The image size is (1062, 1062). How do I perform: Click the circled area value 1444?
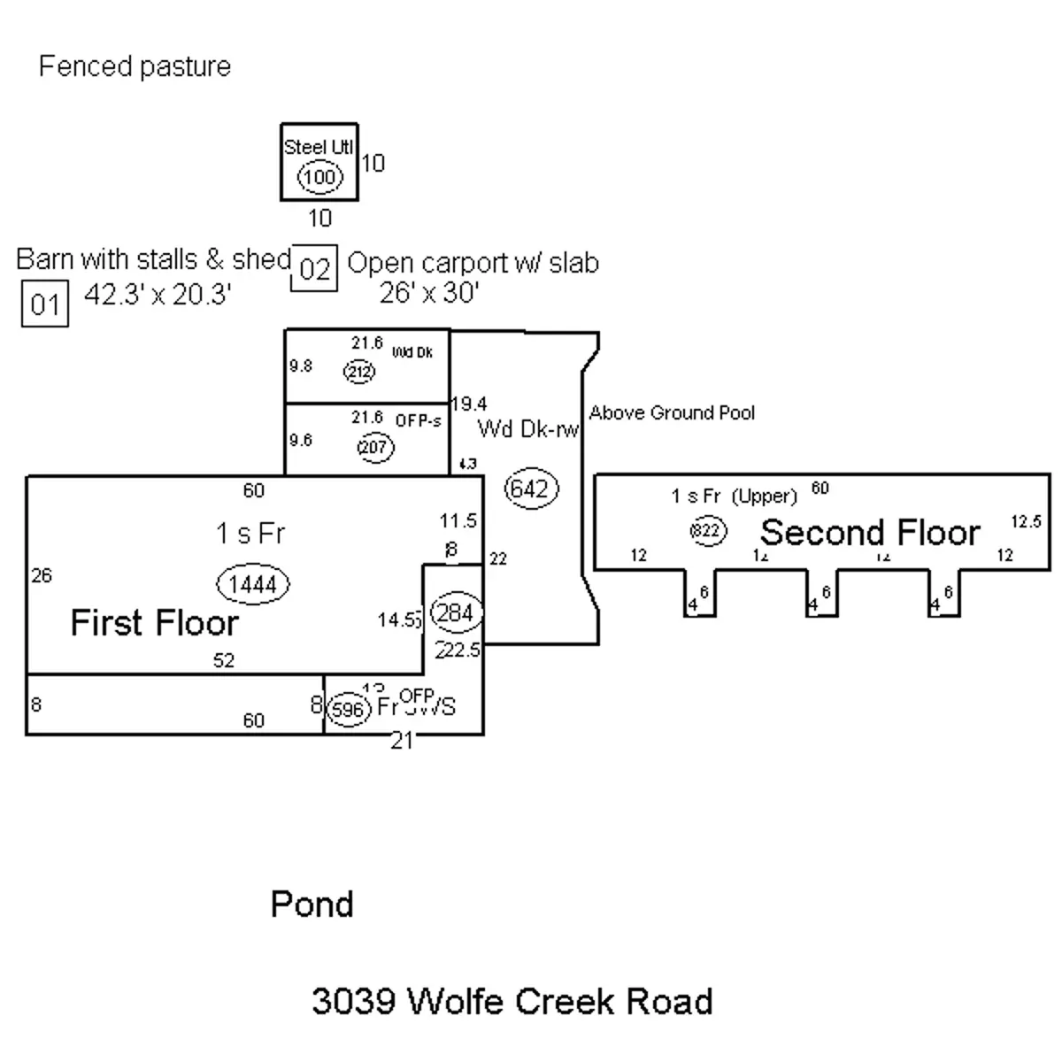(253, 583)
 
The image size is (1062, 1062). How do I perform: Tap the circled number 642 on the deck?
(531, 489)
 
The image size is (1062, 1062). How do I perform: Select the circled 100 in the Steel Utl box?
(319, 178)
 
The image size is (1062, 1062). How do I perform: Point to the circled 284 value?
(456, 613)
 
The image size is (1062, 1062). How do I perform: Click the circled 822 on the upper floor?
(707, 531)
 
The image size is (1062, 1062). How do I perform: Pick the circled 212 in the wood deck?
(359, 373)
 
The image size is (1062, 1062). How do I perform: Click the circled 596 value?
(347, 710)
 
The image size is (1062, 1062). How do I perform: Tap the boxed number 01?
(44, 304)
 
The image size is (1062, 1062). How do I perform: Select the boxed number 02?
(314, 268)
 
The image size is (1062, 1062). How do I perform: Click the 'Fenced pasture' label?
(135, 66)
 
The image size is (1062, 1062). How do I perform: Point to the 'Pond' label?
(312, 904)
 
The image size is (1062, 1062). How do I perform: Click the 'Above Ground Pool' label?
(672, 412)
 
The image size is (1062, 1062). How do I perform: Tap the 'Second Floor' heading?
(870, 532)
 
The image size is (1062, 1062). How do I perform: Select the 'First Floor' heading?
(154, 623)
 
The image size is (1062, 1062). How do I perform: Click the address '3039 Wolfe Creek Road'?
(512, 1001)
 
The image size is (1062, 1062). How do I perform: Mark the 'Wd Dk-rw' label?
(528, 429)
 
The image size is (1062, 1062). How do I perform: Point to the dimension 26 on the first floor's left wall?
(42, 576)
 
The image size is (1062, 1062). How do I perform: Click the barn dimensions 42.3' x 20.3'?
(158, 294)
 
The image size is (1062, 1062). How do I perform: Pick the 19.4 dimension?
(469, 404)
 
